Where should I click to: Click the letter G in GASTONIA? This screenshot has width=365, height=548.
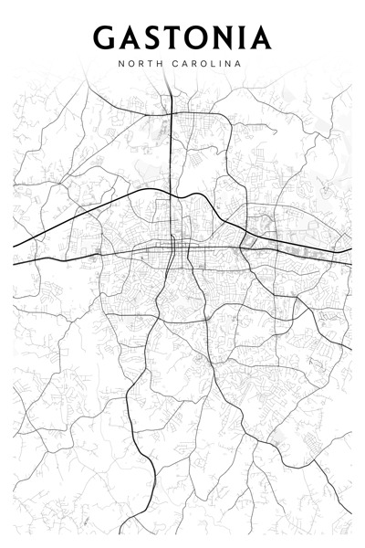click(104, 37)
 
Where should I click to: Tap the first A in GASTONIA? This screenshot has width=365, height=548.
click(130, 37)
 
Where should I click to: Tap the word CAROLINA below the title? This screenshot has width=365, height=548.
click(208, 65)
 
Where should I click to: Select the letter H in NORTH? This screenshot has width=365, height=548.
click(160, 65)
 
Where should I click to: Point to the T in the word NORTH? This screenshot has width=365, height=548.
click(150, 65)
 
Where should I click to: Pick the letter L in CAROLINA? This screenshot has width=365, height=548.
click(212, 65)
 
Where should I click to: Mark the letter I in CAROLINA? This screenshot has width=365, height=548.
click(220, 65)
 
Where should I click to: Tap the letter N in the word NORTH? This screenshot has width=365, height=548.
click(121, 65)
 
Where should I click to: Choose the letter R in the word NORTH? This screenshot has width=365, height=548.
click(141, 65)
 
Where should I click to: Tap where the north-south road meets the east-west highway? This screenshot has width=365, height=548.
click(174, 244)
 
